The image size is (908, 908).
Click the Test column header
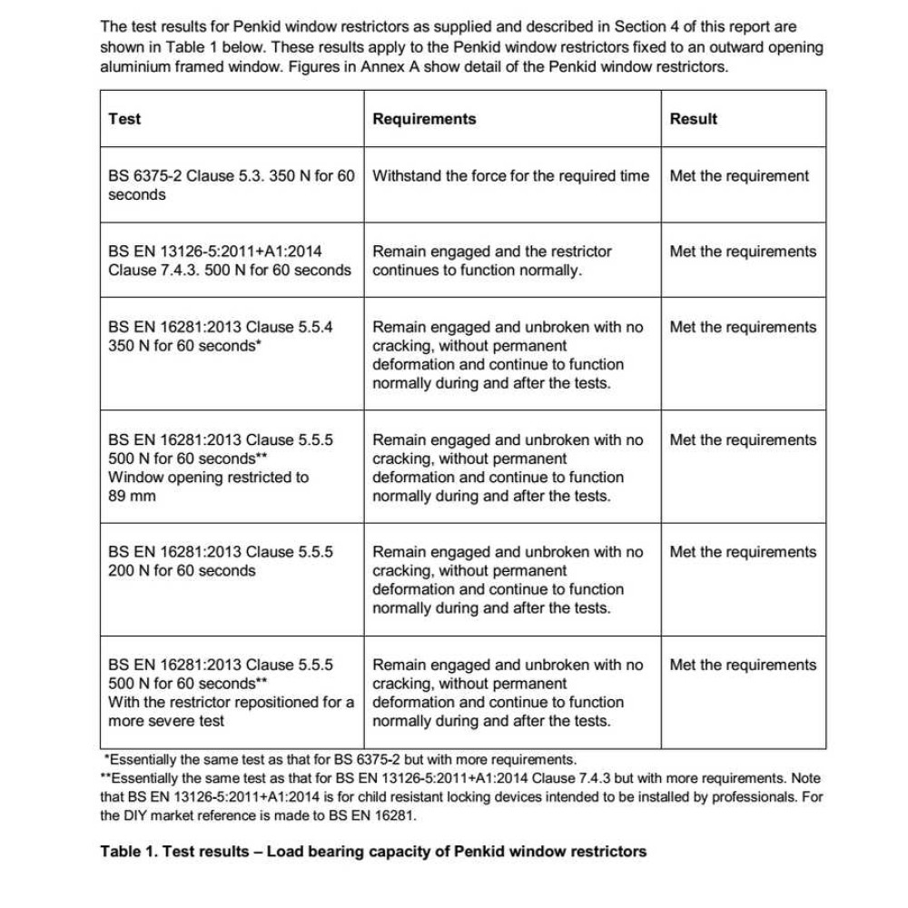(x=124, y=119)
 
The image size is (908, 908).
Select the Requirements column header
(x=424, y=119)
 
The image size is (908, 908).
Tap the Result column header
(x=694, y=119)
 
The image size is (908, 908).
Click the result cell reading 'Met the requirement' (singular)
(x=739, y=176)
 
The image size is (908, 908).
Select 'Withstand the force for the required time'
(x=511, y=176)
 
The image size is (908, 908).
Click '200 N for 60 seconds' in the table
(x=182, y=571)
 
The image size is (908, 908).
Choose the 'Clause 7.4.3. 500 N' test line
(x=230, y=271)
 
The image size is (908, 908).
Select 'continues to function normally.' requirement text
(x=477, y=271)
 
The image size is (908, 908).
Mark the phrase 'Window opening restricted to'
(x=208, y=478)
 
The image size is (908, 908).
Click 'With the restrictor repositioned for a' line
(x=231, y=702)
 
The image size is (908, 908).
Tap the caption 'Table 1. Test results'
(x=178, y=851)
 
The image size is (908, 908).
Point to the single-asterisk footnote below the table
(x=340, y=759)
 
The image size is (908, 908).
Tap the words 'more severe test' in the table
(x=166, y=721)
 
